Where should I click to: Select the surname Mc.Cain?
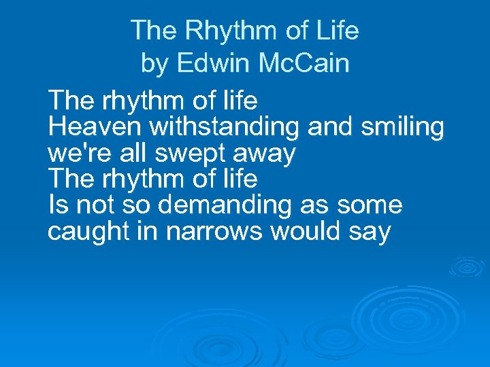click(305, 64)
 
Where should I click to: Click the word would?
click(306, 232)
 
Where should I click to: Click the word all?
click(132, 154)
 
